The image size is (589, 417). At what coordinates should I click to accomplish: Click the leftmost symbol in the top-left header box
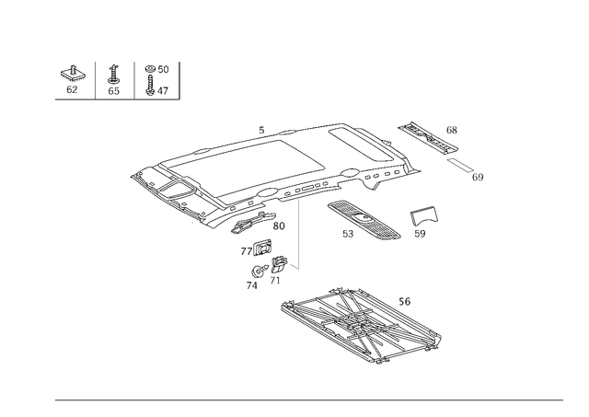[68, 79]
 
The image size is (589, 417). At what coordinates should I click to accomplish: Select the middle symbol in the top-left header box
[114, 79]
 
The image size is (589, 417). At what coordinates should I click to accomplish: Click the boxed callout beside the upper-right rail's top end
[451, 129]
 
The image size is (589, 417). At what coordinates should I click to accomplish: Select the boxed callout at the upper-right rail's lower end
[478, 175]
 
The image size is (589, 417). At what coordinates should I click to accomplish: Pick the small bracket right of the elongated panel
[422, 218]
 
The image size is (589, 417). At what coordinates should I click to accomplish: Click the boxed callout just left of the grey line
[279, 224]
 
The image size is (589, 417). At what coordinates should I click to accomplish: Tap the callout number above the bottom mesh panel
[405, 300]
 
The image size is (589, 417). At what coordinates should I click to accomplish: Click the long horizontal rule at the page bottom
[308, 398]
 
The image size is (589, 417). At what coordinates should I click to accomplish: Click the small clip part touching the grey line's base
[285, 267]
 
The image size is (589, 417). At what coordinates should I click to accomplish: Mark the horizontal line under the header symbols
[116, 98]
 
